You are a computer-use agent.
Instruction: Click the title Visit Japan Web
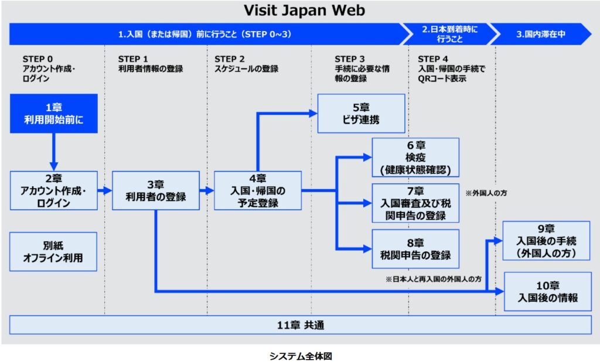coord(304,10)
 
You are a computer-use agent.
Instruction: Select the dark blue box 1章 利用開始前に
coord(54,114)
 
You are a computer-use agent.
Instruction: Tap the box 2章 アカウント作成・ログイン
coord(54,190)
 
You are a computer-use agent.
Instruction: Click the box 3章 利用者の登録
coord(155,190)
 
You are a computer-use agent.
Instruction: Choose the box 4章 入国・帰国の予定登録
coord(257,190)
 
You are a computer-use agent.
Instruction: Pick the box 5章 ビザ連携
coord(361,114)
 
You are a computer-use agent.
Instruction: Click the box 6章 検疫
coord(415,157)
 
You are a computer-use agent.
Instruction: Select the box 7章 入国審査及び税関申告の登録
coord(415,203)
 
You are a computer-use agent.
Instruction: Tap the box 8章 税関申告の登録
coord(415,248)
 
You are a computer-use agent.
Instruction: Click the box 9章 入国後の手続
coord(547,241)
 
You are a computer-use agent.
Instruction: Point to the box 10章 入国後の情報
coord(547,291)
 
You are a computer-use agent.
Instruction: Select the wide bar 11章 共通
coord(300,325)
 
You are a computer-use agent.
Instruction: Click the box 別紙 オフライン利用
coord(54,251)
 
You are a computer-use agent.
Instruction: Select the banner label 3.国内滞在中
coord(540,34)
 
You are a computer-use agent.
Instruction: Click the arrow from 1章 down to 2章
coord(54,150)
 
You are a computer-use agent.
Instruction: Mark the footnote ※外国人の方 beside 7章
coord(486,193)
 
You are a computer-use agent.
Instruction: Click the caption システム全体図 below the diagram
coord(301,355)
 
